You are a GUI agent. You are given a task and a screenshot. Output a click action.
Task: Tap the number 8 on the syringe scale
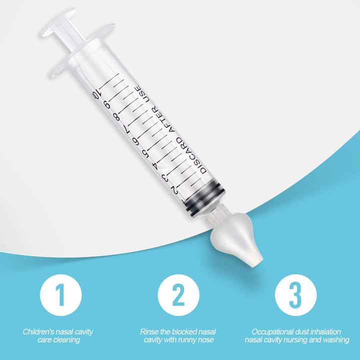click(x=116, y=118)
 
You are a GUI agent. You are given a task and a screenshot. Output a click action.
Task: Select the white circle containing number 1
click(x=60, y=295)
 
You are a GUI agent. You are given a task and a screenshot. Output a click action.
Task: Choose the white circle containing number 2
click(x=178, y=295)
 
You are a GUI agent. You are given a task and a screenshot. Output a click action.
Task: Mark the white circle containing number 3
click(x=296, y=295)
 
